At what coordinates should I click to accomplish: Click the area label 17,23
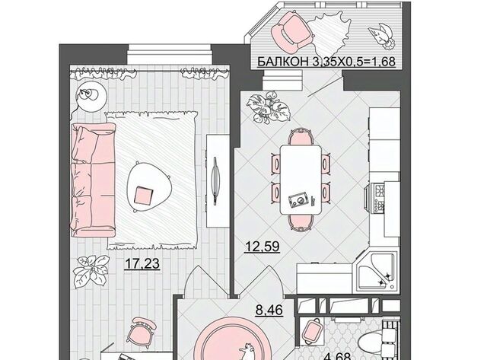(142, 263)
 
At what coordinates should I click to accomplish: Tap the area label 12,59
(262, 247)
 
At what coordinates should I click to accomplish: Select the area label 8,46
(269, 310)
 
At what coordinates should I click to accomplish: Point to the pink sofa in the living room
(93, 180)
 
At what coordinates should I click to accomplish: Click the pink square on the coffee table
(143, 196)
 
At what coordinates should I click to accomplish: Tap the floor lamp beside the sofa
(90, 95)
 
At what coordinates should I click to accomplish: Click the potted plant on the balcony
(380, 36)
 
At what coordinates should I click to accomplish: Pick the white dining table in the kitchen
(301, 180)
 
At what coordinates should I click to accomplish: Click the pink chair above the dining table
(301, 137)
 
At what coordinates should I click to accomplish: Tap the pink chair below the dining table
(301, 222)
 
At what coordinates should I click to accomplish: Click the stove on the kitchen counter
(378, 198)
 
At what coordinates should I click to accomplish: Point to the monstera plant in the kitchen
(269, 108)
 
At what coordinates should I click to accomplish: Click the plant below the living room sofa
(91, 271)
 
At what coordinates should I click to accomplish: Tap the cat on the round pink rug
(247, 352)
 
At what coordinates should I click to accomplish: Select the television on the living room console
(215, 181)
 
